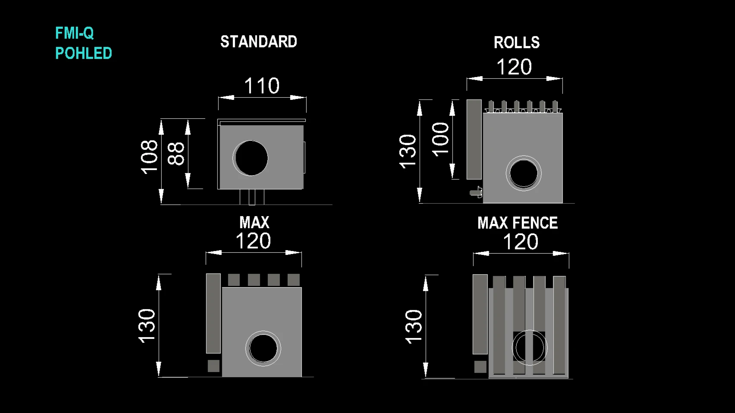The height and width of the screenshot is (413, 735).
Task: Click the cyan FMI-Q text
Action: pyautogui.click(x=75, y=33)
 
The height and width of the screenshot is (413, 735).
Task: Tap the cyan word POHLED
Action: pyautogui.click(x=84, y=53)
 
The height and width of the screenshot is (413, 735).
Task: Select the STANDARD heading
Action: pyautogui.click(x=258, y=42)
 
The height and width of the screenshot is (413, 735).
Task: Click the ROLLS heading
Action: pyautogui.click(x=517, y=43)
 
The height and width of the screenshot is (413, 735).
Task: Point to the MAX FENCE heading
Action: pyautogui.click(x=518, y=223)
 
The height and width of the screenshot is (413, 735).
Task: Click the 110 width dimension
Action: pyautogui.click(x=262, y=86)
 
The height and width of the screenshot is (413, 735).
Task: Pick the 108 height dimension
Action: pyautogui.click(x=149, y=157)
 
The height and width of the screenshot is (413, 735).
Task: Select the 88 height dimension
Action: pyautogui.click(x=176, y=154)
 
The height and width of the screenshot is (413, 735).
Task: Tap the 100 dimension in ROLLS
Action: pyautogui.click(x=440, y=140)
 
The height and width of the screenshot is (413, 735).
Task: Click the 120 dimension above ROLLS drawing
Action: pyautogui.click(x=514, y=67)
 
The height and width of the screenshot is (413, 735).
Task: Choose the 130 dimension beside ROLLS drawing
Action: pyautogui.click(x=408, y=151)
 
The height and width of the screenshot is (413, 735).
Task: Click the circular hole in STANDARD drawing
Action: pyautogui.click(x=251, y=158)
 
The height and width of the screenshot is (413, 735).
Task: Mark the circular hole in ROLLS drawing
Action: pyautogui.click(x=523, y=173)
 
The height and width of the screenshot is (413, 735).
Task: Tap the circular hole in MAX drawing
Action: pyautogui.click(x=263, y=348)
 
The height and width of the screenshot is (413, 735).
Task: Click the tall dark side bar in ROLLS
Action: pyautogui.click(x=474, y=140)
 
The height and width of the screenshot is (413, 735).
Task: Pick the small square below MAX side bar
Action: pyautogui.click(x=214, y=366)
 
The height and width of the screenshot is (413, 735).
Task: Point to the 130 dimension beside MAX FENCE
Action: pyautogui.click(x=413, y=327)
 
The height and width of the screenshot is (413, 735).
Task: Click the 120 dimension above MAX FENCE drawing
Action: pyautogui.click(x=521, y=242)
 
